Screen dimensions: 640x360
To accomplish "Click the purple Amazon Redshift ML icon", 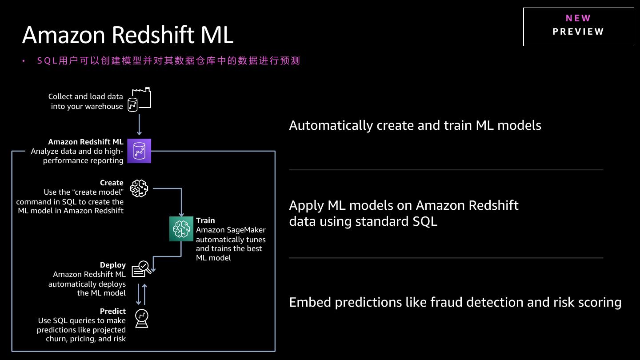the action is [139, 151].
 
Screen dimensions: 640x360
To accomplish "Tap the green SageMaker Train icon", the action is [181, 229].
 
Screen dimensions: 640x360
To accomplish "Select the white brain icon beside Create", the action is [139, 188].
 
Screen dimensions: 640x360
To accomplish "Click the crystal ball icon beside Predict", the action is [142, 318].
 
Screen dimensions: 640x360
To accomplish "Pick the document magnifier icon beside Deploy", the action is [141, 269].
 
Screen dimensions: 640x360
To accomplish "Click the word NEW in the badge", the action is [578, 18].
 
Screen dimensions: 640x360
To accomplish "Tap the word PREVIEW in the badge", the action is [578, 32].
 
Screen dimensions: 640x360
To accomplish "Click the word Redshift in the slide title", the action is [153, 35].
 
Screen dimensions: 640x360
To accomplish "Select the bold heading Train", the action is [205, 220].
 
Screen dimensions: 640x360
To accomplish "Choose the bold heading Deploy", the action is [113, 265].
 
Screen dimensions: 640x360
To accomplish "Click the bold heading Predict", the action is [113, 311].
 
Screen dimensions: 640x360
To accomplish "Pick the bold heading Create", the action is [112, 183].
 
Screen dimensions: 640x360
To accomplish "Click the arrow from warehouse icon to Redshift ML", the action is [139, 125].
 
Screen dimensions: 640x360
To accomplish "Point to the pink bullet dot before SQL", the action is [24, 61].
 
